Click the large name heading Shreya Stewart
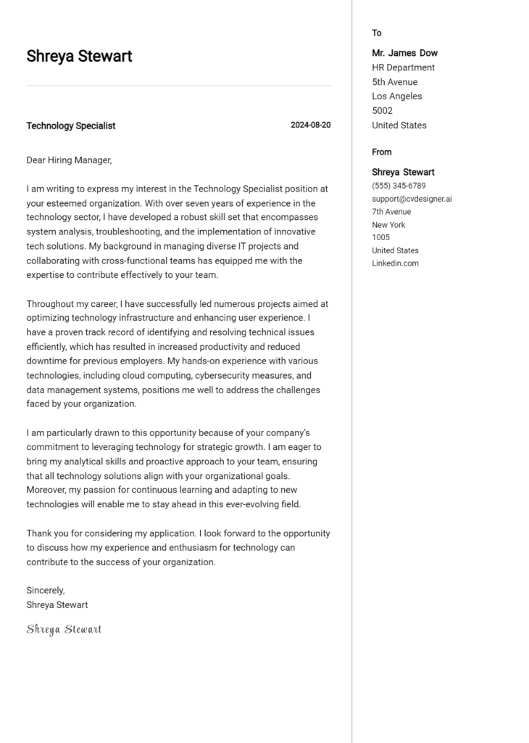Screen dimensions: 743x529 79,57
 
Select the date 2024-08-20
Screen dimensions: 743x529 310,126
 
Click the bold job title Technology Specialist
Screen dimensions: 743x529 70,126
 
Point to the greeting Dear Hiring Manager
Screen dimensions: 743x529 69,160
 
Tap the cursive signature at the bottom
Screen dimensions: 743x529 64,629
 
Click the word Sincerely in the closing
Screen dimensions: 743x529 46,590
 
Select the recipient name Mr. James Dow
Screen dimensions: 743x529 404,53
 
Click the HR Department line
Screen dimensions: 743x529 403,67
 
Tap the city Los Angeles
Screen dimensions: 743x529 396,97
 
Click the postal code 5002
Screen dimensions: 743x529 382,111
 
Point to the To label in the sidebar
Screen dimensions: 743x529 377,33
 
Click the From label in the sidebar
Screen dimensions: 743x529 381,152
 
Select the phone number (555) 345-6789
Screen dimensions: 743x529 399,186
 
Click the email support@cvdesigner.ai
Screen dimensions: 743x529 412,199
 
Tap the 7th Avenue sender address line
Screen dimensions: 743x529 391,212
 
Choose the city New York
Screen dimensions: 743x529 388,225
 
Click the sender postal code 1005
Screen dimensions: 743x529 380,237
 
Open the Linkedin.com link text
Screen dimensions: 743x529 395,263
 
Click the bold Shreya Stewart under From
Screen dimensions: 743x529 403,172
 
